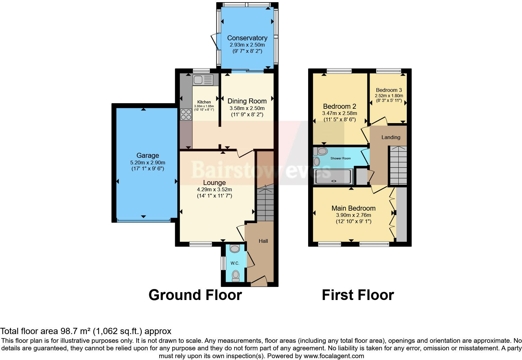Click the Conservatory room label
pyautogui.click(x=247, y=38)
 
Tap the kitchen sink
pyautogui.click(x=203, y=80)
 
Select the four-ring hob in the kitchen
pyautogui.click(x=186, y=115)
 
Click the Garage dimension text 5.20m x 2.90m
pyautogui.click(x=148, y=162)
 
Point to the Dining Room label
pyautogui.click(x=247, y=101)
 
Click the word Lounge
pyautogui.click(x=214, y=183)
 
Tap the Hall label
pyautogui.click(x=263, y=241)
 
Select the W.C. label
pyautogui.click(x=235, y=263)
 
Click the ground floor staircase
pyautogui.click(x=265, y=202)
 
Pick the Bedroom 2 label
pyautogui.click(x=340, y=106)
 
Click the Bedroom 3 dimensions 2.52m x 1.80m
pyautogui.click(x=389, y=96)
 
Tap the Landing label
pyautogui.click(x=391, y=137)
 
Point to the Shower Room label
pyautogui.click(x=341, y=158)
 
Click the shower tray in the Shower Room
pyautogui.click(x=333, y=176)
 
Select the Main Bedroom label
pyautogui.click(x=353, y=208)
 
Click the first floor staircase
pyautogui.click(x=398, y=165)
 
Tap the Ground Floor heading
pyautogui.click(x=195, y=295)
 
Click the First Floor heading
pyautogui.click(x=358, y=295)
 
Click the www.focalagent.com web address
pyautogui.click(x=334, y=356)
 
